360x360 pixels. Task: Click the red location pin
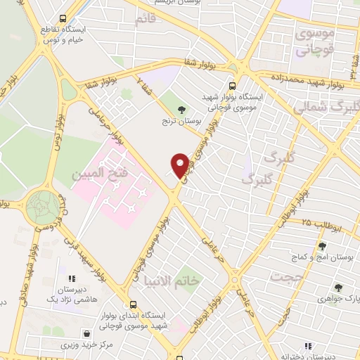pos(180,165)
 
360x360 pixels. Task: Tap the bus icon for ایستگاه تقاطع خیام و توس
pos(63,19)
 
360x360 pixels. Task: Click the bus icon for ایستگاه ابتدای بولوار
pos(133,304)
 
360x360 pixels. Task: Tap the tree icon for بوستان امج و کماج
pos(322,246)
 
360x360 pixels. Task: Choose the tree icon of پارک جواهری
pos(337,287)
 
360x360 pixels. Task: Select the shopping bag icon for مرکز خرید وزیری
pos(86,334)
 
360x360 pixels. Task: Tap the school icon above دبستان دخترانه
pos(307,345)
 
